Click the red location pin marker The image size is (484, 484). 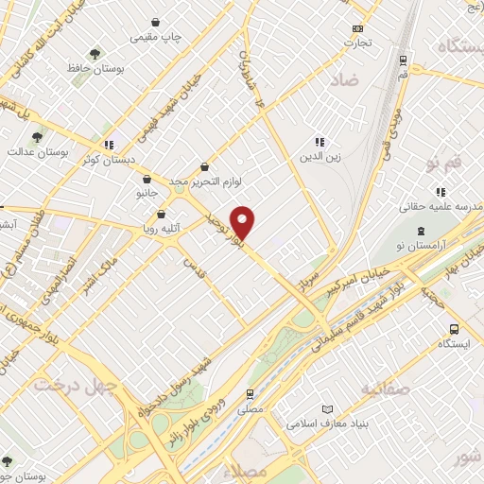point(243,222)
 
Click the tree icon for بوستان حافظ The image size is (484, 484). point(93,54)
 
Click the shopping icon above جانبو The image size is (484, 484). point(146,178)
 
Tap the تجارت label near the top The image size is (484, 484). point(356,42)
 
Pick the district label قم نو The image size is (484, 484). point(444,164)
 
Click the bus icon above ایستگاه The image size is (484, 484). point(454,330)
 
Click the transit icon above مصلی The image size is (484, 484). point(250,394)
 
